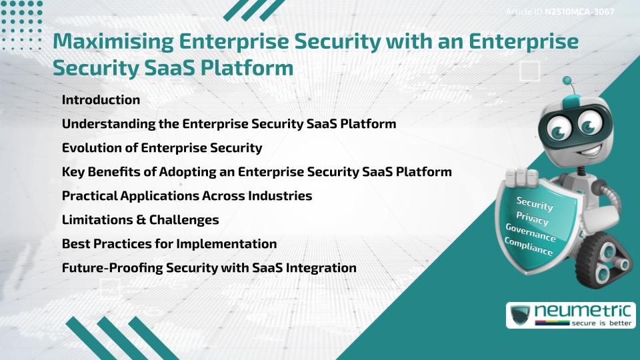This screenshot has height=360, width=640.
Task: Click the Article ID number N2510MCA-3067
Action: [579, 12]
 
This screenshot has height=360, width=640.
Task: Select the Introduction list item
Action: [101, 100]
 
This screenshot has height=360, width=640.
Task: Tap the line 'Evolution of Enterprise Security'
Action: [162, 147]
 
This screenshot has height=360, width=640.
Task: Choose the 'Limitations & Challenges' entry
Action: [140, 219]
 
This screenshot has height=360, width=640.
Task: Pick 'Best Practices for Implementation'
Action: [169, 243]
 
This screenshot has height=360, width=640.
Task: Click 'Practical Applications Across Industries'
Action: [187, 195]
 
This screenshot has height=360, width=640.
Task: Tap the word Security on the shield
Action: [534, 203]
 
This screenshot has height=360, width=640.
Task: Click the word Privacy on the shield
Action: [532, 218]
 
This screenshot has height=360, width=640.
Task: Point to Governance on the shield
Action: [530, 233]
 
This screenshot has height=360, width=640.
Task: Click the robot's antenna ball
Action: [568, 82]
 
